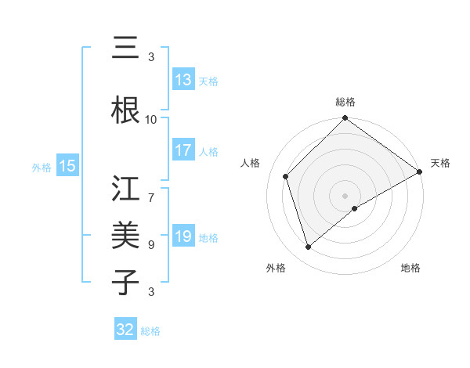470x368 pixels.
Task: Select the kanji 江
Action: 126,189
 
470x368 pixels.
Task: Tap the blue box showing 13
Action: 183,81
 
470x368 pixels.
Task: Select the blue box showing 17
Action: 183,151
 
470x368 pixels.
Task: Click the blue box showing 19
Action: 183,236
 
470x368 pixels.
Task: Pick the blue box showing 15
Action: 67,166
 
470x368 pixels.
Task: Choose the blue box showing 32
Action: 125,330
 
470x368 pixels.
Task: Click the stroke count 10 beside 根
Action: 151,119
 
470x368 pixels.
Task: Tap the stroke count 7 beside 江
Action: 151,189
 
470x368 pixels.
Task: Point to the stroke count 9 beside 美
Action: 151,245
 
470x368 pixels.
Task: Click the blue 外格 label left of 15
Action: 41,167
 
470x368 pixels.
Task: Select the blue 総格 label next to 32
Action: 150,331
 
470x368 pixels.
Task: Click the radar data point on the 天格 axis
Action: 420,172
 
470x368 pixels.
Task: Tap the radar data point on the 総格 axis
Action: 345,119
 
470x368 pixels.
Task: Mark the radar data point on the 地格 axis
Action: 355,208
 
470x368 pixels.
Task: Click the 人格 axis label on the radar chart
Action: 251,163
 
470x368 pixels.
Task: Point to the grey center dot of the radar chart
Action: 345,195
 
